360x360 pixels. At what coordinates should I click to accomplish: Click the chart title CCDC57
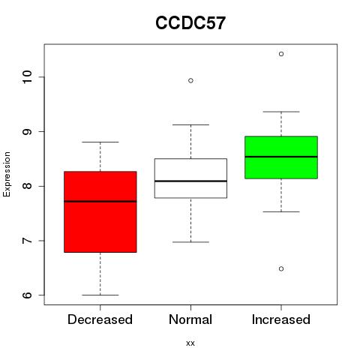(190, 23)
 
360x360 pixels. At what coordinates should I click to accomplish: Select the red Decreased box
(100, 211)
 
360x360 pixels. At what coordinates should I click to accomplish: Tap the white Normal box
(190, 178)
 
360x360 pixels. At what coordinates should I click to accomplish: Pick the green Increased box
(281, 157)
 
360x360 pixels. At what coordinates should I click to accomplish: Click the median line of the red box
(100, 201)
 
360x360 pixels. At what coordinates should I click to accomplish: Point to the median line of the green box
(281, 157)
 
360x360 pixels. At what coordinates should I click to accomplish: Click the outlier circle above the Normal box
(190, 80)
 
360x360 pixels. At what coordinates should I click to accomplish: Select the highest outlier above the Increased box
(281, 54)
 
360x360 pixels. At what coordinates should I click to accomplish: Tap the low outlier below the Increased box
(281, 269)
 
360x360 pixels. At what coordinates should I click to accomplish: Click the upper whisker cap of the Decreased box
(100, 142)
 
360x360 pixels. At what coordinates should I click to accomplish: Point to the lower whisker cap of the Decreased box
(100, 295)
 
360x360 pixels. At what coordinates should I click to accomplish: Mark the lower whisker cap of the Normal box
(190, 242)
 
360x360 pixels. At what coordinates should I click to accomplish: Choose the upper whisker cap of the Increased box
(281, 112)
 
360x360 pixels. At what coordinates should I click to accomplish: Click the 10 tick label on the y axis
(27, 77)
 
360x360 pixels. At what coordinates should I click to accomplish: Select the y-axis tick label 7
(27, 241)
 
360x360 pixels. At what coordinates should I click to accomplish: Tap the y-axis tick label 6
(27, 295)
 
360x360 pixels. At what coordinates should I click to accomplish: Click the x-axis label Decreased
(100, 319)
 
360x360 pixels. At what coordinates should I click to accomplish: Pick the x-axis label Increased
(281, 319)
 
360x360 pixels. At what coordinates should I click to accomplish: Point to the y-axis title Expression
(7, 174)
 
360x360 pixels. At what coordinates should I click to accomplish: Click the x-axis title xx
(190, 343)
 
